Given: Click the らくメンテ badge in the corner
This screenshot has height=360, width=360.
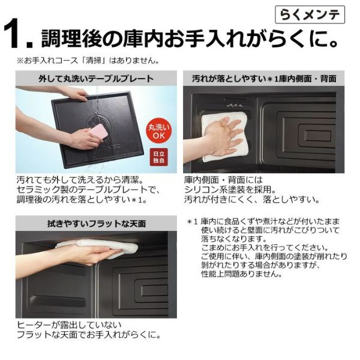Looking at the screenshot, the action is coord(310,15).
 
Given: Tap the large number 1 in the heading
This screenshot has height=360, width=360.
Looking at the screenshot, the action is coord(14,34).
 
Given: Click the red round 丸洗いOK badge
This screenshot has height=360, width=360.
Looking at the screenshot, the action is coord(159,131).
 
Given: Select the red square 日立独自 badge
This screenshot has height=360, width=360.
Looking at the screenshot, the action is coord(158,157).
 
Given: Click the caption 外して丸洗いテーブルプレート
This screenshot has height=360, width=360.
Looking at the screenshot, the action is coord(96,79).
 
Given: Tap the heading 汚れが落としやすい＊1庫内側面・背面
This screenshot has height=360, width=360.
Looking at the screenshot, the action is coord(264,79).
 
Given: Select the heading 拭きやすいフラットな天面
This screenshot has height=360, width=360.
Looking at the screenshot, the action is coord(97,223).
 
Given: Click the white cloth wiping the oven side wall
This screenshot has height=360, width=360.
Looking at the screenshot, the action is coord(224,136).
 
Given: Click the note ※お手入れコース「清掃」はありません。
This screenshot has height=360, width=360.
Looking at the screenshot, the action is coord(88,61).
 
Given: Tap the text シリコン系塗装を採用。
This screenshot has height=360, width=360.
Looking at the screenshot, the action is coord(230,190).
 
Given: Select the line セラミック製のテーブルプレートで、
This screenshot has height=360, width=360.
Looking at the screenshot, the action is coord(88,190).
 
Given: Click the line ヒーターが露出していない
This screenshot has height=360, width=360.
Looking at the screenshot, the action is coord(69,325).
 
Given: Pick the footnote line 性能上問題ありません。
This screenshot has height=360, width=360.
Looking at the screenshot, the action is coord(242,274).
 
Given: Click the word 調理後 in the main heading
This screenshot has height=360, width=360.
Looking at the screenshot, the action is coord(71,38).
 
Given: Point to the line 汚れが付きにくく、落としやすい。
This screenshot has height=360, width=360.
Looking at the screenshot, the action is coord(252,200).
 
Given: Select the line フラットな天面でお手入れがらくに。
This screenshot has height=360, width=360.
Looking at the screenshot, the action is coord(89,335).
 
